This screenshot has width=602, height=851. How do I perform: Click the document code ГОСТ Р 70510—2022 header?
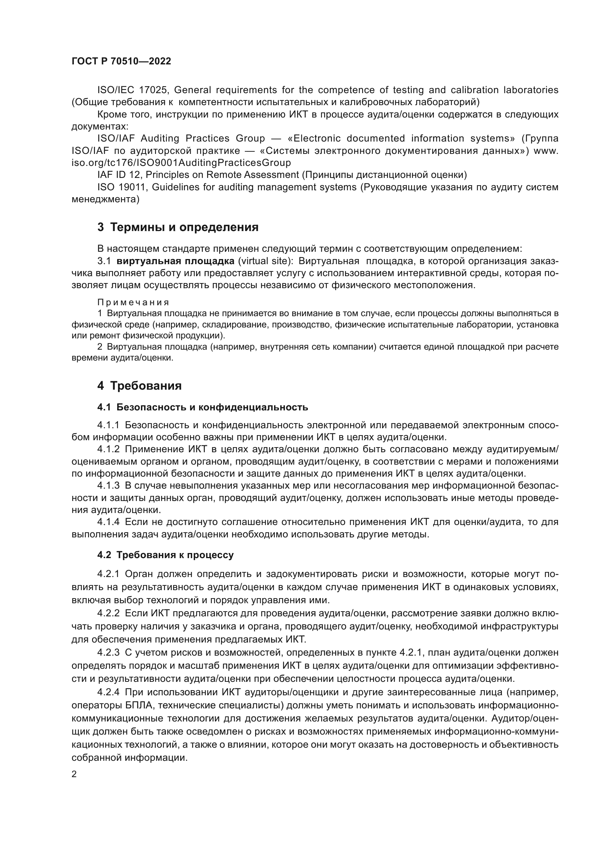pos(121,61)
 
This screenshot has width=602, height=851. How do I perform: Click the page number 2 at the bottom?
pos(74,774)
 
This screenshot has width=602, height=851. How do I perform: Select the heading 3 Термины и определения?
pos(178,227)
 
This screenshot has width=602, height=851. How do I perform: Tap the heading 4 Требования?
pos(139,386)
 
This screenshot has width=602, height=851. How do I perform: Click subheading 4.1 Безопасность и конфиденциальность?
pos(202,407)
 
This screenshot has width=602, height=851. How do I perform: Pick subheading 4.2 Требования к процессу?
pos(165,555)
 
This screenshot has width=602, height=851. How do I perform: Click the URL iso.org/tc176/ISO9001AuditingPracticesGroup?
pos(181,163)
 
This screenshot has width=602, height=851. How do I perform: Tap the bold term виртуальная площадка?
pos(175,261)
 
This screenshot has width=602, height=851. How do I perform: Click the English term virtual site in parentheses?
pos(263,261)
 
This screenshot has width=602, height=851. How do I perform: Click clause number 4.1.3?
pos(108,486)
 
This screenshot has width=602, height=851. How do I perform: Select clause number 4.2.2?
pos(108,613)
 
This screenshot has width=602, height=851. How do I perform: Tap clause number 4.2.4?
pos(108,692)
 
